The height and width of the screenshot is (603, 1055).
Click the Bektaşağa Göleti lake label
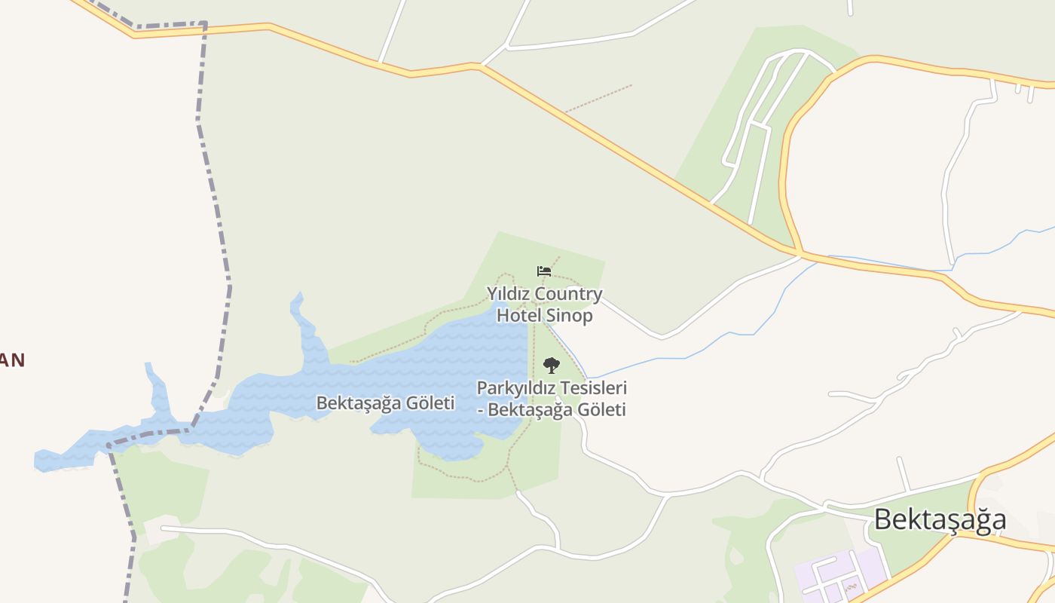point(385,403)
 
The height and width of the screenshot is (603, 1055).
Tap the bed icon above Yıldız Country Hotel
point(543,271)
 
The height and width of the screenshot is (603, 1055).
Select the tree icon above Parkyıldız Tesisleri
point(552,366)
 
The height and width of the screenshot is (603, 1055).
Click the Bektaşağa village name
point(940,519)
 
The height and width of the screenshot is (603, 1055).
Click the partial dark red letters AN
point(12,360)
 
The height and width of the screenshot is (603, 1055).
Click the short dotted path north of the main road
point(598,98)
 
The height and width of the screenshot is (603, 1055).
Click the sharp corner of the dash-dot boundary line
point(204,24)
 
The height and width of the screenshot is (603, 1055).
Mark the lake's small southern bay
point(452,448)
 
